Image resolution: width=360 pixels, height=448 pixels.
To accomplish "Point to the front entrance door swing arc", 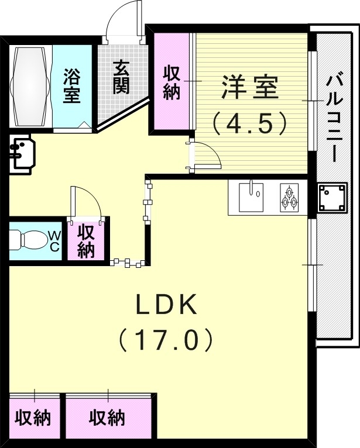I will click(x=124, y=19).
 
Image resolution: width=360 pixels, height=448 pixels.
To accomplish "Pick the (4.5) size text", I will click(x=250, y=123).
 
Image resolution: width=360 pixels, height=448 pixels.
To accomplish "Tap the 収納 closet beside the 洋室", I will click(x=172, y=83).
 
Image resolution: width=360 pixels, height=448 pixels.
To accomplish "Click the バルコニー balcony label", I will click(x=336, y=116).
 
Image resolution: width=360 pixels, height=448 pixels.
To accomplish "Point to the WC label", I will click(x=54, y=240).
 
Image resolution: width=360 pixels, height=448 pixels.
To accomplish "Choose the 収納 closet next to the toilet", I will click(x=86, y=240).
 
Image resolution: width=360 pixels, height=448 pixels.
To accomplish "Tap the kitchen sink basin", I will click(x=251, y=196).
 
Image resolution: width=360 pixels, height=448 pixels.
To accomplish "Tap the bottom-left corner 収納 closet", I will click(x=33, y=418).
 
